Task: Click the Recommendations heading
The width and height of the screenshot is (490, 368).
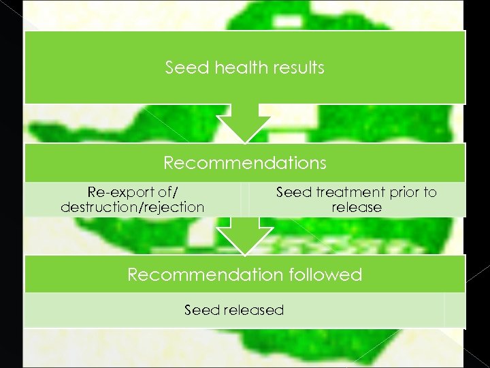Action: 245,164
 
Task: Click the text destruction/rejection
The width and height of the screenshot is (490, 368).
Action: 133,207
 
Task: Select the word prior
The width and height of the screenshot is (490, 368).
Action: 402,192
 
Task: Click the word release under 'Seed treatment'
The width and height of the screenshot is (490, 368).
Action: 357,207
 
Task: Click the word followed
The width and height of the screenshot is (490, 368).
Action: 326,275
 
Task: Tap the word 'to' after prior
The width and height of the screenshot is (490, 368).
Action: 429,192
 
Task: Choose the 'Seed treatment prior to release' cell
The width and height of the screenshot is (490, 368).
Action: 357,200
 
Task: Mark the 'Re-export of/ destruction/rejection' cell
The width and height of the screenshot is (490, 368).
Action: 133,200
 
